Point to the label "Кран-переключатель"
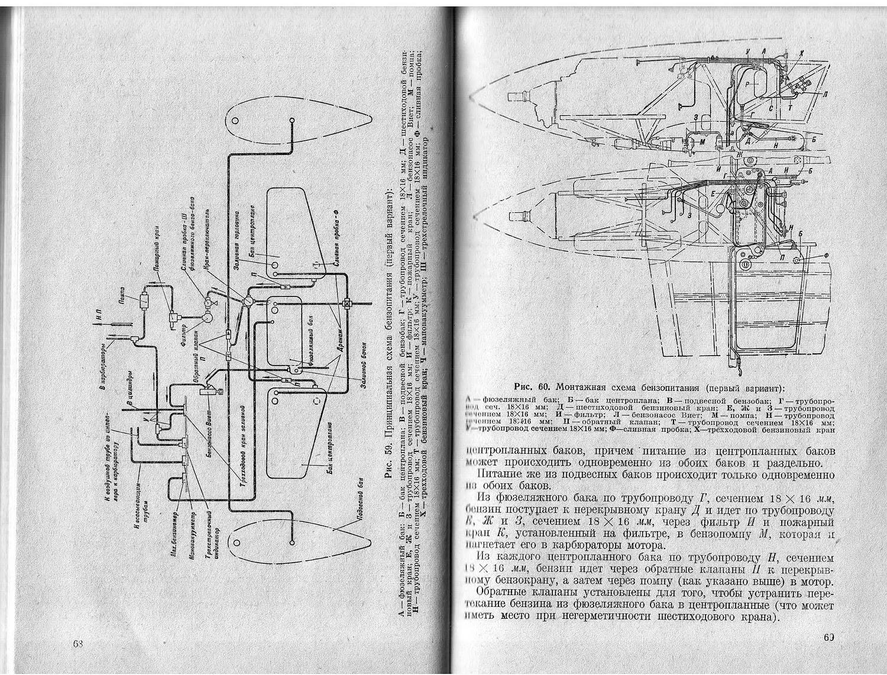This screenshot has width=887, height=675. pyautogui.click(x=206, y=234)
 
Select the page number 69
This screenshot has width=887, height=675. pyautogui.click(x=827, y=637)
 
